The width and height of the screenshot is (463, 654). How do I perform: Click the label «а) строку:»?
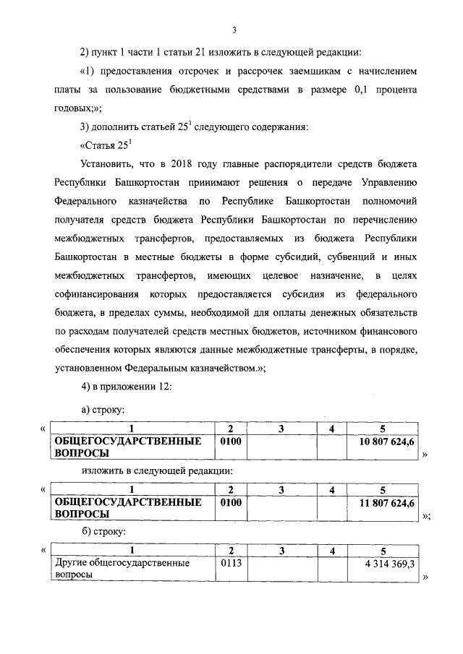point(104,410)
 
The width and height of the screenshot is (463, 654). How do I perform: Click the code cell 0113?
point(229,562)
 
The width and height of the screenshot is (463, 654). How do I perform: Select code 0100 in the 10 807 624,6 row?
point(229,440)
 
